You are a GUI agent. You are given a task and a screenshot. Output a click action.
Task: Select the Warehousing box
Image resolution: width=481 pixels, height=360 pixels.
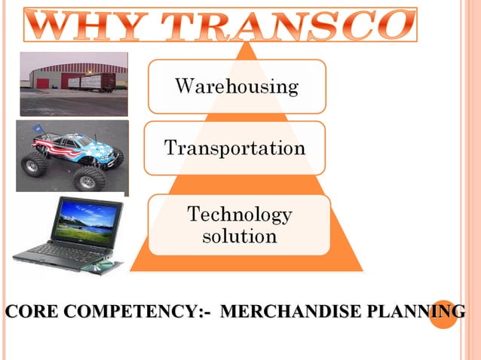(237, 87)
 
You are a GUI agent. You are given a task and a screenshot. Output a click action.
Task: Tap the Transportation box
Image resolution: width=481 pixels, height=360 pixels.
(234, 148)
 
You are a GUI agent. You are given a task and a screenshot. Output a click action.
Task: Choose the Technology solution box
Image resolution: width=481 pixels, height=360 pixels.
(239, 225)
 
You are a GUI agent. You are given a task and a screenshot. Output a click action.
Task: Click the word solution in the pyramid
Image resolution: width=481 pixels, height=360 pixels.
(239, 236)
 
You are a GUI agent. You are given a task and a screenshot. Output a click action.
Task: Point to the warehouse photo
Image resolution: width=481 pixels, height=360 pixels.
(73, 83)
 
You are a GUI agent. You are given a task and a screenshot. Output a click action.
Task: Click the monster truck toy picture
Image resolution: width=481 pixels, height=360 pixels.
(72, 156)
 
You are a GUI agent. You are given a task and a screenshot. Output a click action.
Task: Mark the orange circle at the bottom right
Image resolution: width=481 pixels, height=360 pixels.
(443, 314)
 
